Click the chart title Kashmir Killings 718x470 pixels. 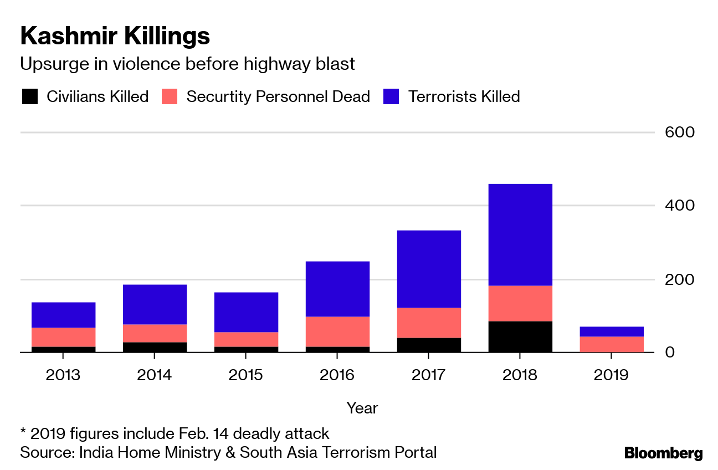(x=115, y=36)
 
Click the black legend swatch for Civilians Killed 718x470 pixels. (x=30, y=96)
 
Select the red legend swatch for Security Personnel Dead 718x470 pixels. (x=170, y=96)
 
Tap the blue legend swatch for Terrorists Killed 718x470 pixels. (x=391, y=96)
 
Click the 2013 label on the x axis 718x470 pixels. (x=63, y=375)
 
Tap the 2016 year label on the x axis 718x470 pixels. (x=337, y=375)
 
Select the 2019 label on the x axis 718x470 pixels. (x=612, y=375)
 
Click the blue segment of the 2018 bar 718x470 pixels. (x=520, y=234)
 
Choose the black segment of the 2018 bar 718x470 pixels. (x=520, y=336)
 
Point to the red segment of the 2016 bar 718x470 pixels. (x=337, y=331)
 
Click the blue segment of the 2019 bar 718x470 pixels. (x=612, y=331)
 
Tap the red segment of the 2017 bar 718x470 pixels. (x=429, y=323)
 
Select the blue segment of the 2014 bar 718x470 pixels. (x=155, y=304)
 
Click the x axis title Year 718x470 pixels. (x=362, y=408)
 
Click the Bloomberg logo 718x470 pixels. (x=663, y=453)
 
